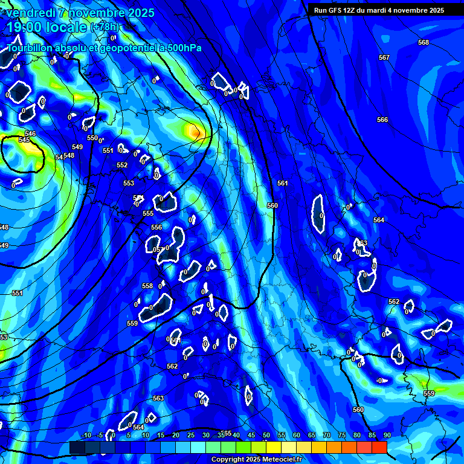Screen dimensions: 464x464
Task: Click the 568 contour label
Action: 423,42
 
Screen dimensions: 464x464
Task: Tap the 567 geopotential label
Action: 384,57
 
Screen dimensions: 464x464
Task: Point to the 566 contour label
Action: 382,120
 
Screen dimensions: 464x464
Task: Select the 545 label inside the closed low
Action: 24,140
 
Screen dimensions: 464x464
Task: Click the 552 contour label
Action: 122,166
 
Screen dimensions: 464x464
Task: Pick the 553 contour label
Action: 129,184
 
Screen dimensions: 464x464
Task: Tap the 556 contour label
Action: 156,228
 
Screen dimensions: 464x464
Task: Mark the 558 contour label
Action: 147,286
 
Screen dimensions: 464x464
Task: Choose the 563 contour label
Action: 158,399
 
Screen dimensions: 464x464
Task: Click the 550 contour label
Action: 92,138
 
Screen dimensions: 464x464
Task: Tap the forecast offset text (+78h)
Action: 105,27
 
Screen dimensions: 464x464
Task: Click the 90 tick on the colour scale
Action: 387,436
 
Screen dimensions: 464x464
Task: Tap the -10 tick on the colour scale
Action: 86,436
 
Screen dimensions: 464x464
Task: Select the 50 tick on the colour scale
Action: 266,436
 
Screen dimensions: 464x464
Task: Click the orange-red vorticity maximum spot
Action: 195,130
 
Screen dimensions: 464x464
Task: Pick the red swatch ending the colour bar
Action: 379,447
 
